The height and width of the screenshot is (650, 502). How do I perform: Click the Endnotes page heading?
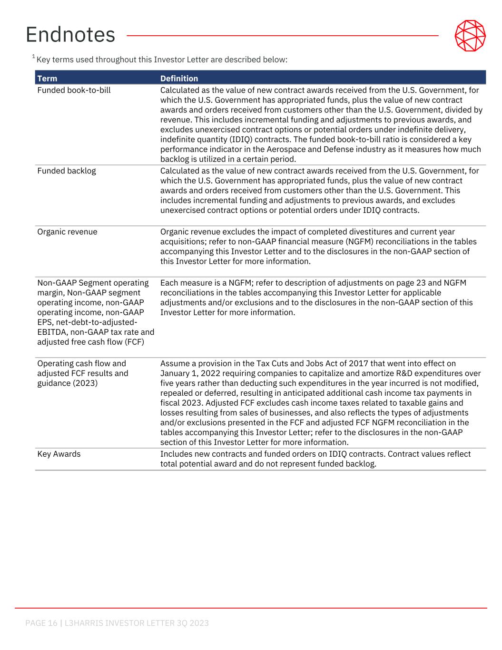[70, 35]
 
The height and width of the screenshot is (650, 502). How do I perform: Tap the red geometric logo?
[470, 36]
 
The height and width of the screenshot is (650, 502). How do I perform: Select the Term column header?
[47, 79]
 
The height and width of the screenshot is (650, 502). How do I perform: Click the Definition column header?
[179, 79]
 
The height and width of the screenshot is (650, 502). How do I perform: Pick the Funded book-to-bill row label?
[74, 90]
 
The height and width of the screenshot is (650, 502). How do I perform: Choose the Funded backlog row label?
[67, 170]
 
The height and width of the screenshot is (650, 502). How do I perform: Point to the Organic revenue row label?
[67, 232]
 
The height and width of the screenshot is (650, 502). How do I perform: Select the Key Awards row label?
[59, 454]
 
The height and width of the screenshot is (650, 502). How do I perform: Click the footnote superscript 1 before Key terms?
[34, 57]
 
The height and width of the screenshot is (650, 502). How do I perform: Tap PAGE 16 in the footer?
[41, 623]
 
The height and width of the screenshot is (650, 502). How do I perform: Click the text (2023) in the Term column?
[86, 383]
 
